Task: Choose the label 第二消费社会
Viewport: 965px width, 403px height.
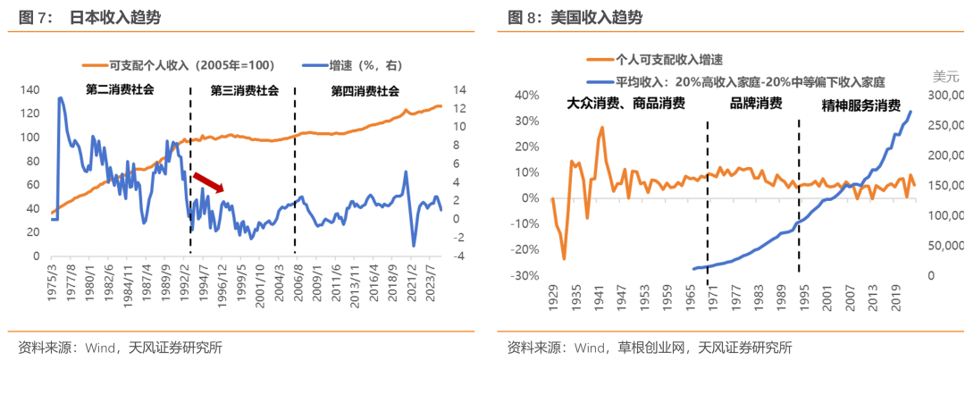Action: coord(120,90)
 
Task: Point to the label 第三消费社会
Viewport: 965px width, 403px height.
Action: coord(244,90)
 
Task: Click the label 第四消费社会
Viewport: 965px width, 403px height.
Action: coord(365,90)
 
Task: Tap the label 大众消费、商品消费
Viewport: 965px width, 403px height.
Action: coord(625,104)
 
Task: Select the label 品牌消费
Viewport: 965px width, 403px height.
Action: coord(756,104)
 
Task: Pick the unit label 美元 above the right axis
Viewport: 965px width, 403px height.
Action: coord(945,74)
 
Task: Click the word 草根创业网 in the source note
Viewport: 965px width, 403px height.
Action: coord(651,348)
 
